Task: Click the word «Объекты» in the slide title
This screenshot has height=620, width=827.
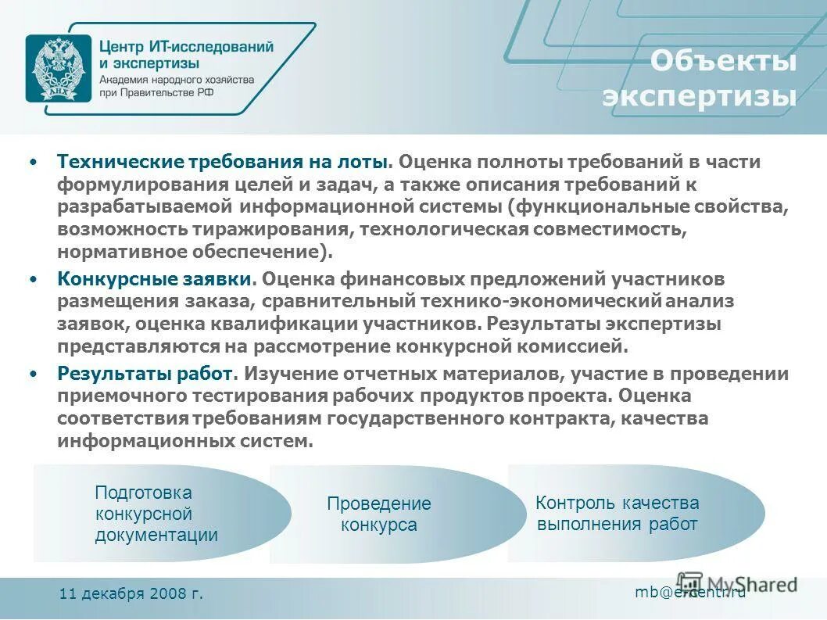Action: tap(723, 62)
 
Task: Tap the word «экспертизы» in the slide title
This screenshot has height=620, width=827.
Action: tap(700, 97)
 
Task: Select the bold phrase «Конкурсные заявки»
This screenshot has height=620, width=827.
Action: tap(153, 279)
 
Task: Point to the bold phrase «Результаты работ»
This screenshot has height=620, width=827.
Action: tap(145, 373)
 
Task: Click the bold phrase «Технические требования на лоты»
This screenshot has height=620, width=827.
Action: tap(223, 162)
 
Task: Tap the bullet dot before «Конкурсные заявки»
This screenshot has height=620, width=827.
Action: tap(33, 279)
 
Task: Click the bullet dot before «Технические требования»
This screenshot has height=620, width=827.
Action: tap(33, 162)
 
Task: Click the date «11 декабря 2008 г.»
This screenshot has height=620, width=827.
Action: tap(131, 593)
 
